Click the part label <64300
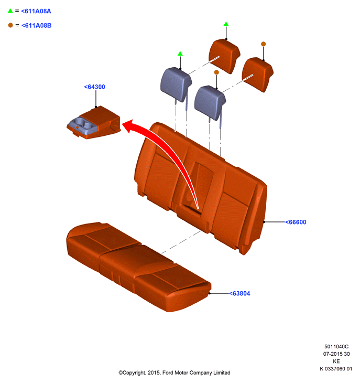[x=95, y=87]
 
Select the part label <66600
[x=296, y=222]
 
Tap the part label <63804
[x=240, y=293]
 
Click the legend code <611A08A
[x=36, y=11]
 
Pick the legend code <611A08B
[x=36, y=25]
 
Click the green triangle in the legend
[x=10, y=11]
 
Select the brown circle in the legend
[x=10, y=25]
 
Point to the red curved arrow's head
[x=128, y=125]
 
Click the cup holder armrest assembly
[x=94, y=123]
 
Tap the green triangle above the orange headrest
[x=226, y=24]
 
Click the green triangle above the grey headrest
[x=180, y=54]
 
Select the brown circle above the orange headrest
[x=264, y=44]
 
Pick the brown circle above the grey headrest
[x=216, y=72]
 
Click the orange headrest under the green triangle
[x=224, y=56]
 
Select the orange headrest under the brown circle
[x=258, y=75]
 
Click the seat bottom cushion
[x=138, y=267]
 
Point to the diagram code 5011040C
[x=336, y=347]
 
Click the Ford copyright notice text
[x=174, y=373]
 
